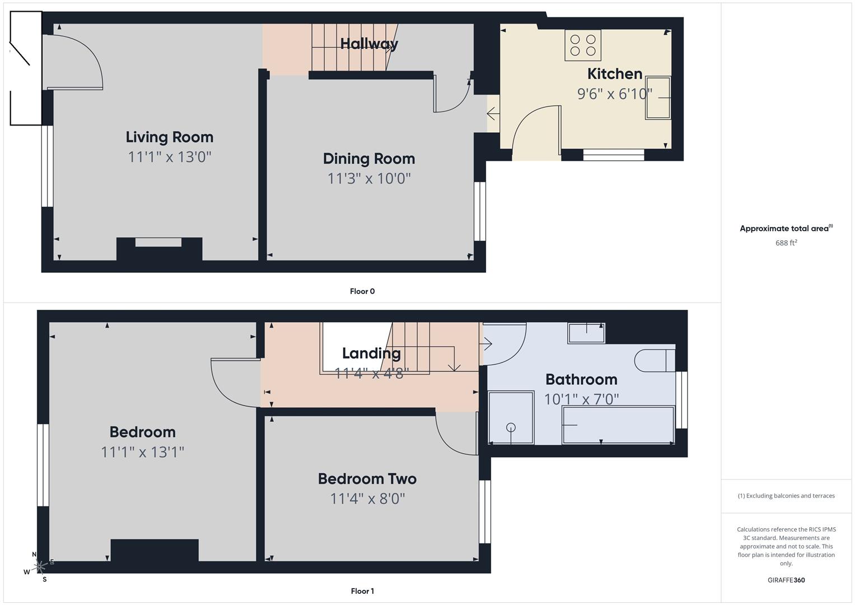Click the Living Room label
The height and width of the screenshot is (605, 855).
(x=169, y=137)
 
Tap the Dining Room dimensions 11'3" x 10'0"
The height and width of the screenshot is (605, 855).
(x=369, y=179)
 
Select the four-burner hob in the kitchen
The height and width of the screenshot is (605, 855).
(x=582, y=45)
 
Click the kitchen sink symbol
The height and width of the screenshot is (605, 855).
(x=658, y=98)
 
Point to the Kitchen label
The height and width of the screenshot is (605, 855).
(x=614, y=74)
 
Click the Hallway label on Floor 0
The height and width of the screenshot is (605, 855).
(x=369, y=44)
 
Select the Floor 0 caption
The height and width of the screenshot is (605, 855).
(x=362, y=291)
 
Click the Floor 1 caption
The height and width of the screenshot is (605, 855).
(x=362, y=591)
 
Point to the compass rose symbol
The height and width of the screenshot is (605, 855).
(x=40, y=567)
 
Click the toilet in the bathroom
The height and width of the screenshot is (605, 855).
(x=654, y=361)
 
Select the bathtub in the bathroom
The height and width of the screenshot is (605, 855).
(x=618, y=425)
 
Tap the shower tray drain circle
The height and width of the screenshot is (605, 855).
(x=511, y=427)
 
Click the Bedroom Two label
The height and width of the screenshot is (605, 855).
(x=367, y=479)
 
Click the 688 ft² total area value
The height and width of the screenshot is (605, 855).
(x=786, y=243)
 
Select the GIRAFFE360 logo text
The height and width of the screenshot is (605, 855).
(x=786, y=580)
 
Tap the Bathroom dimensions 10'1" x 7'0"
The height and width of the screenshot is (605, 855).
(x=581, y=399)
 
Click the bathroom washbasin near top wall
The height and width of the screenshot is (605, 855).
(x=586, y=333)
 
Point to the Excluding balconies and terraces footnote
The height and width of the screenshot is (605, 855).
(x=786, y=496)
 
